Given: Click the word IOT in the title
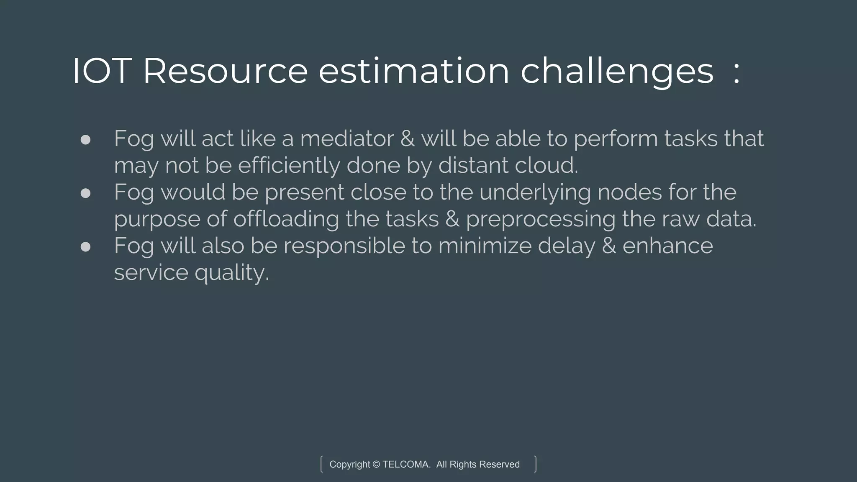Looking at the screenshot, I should [102, 71].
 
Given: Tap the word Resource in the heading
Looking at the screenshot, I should [225, 71].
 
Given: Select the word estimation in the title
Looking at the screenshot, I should [414, 71].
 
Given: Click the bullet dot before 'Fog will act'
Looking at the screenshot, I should [85, 139].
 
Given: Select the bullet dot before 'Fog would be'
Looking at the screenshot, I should [85, 193].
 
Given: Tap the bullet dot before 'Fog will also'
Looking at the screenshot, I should [85, 246].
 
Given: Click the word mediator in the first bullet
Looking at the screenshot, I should [347, 138].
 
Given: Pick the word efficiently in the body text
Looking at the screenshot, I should [289, 165].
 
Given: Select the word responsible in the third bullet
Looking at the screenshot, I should [344, 246].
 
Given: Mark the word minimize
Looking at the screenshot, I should [485, 246].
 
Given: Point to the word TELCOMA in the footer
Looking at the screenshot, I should [406, 464].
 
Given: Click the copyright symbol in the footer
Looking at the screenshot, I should [376, 464].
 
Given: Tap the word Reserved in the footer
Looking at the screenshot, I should [499, 464].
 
